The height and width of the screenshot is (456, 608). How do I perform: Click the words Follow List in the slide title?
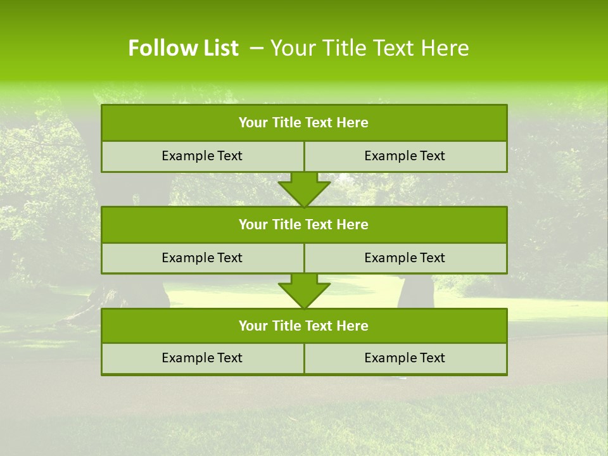click(x=183, y=48)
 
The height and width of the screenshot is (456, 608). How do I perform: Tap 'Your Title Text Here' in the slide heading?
click(x=370, y=48)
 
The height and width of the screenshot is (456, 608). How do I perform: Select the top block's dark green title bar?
click(x=304, y=123)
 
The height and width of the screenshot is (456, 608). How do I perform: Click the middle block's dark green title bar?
click(x=304, y=225)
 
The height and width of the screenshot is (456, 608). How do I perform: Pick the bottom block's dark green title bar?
click(x=304, y=326)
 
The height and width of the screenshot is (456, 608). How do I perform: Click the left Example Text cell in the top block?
click(x=202, y=156)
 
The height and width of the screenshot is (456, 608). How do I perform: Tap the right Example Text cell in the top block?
click(x=405, y=156)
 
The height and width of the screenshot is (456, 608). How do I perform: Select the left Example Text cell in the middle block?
click(x=202, y=258)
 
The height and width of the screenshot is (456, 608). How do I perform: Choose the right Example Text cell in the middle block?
click(x=405, y=258)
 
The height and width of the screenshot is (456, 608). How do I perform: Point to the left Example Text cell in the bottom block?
click(x=202, y=358)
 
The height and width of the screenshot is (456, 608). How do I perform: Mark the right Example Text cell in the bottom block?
click(x=405, y=358)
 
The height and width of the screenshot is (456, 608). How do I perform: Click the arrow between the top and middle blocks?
click(x=304, y=189)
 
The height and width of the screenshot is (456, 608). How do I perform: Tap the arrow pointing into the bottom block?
click(x=304, y=291)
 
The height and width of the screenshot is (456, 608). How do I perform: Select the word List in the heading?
click(x=217, y=48)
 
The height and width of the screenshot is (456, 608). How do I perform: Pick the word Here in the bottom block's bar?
click(x=352, y=326)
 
